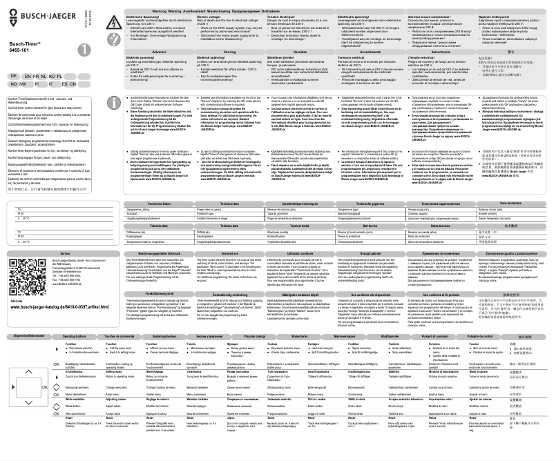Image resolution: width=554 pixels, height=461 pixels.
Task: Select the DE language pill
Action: (14, 92)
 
